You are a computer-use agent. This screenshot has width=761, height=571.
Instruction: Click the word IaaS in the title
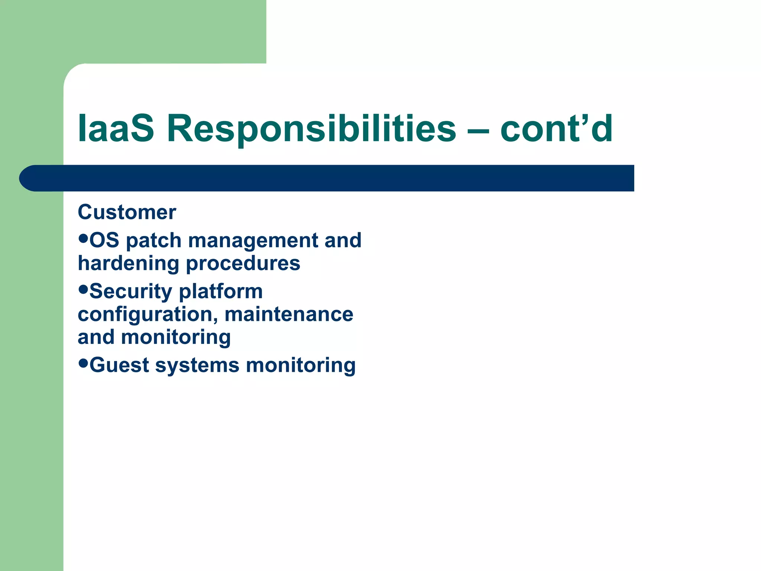116,128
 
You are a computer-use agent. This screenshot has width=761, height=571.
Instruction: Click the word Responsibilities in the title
311,128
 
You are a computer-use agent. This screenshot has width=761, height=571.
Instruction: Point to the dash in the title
478,130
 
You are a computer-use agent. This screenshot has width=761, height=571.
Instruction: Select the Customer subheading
127,212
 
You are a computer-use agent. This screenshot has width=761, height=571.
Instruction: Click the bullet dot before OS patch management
83,237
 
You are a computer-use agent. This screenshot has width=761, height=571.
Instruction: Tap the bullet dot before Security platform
83,288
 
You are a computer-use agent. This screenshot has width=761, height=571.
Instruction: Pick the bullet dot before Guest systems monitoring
83,362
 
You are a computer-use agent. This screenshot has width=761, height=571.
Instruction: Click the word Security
131,292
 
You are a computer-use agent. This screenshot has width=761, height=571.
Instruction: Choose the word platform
221,292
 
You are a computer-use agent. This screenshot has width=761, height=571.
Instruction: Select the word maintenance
289,314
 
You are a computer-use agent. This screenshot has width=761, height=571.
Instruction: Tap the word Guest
119,365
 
